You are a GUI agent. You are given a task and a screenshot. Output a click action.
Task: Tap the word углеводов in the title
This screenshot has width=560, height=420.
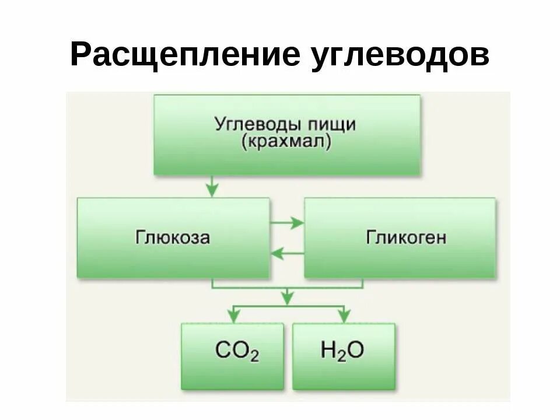[x=397, y=55]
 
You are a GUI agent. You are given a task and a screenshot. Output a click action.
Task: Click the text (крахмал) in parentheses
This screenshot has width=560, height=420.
[x=285, y=142]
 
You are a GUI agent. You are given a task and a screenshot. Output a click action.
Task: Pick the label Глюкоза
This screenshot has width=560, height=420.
[x=173, y=237]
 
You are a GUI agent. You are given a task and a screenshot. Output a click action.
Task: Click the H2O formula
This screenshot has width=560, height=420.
[x=342, y=351]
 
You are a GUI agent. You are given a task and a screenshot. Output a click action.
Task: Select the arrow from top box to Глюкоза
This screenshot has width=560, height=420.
[x=212, y=187]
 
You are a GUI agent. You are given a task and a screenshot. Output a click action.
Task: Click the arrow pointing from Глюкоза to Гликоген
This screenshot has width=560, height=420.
[x=287, y=222]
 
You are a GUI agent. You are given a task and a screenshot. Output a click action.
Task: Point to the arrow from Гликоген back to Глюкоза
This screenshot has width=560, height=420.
[x=287, y=253]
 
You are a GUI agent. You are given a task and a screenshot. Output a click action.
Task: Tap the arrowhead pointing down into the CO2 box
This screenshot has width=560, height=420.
[x=233, y=316]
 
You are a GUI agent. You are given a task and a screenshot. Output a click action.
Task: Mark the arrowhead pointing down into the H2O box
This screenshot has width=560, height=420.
[x=344, y=316]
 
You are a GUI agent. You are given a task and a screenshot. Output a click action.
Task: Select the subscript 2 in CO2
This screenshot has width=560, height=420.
[x=254, y=356]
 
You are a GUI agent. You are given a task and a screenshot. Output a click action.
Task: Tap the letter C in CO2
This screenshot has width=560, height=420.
[x=223, y=351]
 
